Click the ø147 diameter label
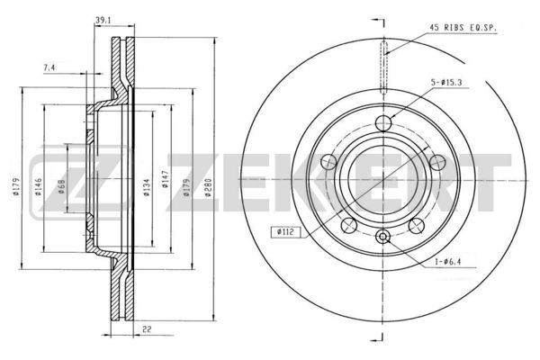tap(166, 187)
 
